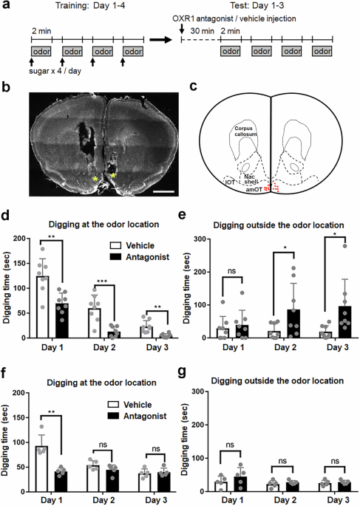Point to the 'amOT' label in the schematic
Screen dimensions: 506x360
(255, 190)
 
